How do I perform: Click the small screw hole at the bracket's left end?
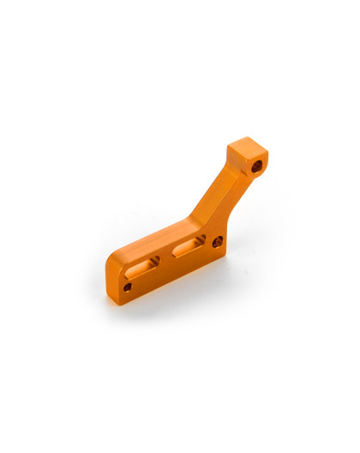pos(127,287)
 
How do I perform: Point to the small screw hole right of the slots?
pos(217,243)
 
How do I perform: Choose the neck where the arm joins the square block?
pos(236,172)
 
